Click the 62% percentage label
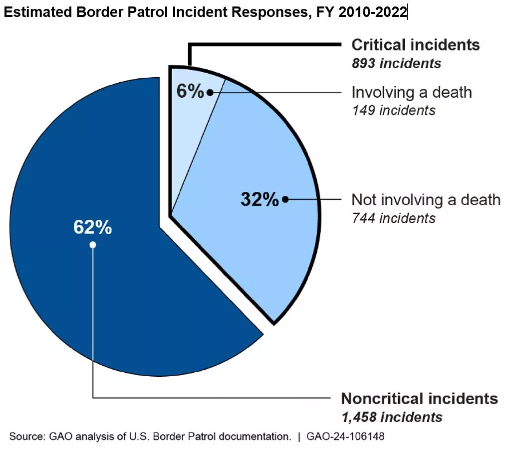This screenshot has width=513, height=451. coord(92,227)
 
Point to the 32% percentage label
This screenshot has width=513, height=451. coord(259,199)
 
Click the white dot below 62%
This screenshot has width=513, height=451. coord(93,245)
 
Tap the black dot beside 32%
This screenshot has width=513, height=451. coord(285,199)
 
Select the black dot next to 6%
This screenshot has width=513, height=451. coord(210,92)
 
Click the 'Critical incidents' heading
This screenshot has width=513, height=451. coord(415,45)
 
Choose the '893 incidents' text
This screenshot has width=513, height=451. coord(396,63)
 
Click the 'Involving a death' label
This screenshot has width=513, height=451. coord(411,92)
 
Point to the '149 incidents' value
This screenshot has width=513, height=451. coord(393,110)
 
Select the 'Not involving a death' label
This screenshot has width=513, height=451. coord(426,200)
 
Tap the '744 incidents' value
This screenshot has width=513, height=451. coord(393,218)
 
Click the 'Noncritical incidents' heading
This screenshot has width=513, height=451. coord(419,399)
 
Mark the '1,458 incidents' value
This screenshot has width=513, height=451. coord(392,417)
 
